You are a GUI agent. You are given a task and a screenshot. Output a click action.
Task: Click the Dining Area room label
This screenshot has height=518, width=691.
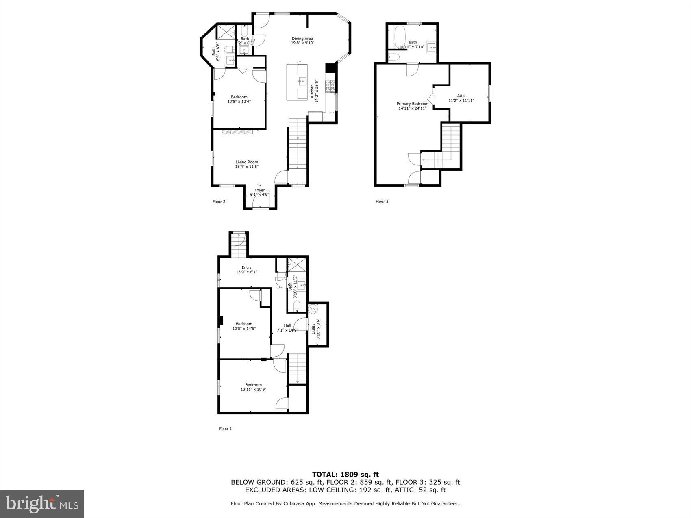coord(302,39)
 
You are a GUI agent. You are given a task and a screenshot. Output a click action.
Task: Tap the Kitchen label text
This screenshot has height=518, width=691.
coord(312,91)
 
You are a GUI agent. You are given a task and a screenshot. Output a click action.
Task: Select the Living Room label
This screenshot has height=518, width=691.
coord(247,162)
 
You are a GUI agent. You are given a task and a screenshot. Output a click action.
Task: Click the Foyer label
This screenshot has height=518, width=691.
coord(260,190)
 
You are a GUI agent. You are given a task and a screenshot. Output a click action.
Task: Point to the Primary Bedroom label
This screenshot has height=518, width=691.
coord(412,104)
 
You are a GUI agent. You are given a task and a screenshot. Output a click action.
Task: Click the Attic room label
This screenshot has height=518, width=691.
coord(461,96)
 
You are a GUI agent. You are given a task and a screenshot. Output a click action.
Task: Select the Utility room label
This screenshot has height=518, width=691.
coord(313,328)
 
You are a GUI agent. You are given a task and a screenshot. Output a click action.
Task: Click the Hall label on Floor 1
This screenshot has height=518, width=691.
coord(287,325)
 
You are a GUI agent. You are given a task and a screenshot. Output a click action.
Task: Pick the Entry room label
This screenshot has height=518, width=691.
coord(246,267)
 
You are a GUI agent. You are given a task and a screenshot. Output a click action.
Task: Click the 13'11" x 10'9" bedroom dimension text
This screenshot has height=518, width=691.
coord(253,390)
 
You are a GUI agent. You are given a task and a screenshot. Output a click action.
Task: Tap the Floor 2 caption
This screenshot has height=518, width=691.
coord(219,202)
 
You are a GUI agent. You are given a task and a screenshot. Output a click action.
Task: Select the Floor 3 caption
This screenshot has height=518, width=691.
coord(382,202)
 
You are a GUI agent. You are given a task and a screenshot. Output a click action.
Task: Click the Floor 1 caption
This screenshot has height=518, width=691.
coord(225,429)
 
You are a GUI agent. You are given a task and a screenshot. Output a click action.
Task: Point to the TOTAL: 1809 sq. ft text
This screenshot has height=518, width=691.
coord(345,474)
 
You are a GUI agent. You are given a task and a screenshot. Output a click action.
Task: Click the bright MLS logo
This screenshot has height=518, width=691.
coord(42,504)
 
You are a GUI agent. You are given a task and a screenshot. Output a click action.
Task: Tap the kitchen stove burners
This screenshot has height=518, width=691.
coord(330,85)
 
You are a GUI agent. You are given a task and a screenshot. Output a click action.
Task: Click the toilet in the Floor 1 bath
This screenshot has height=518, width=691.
coord(297,306)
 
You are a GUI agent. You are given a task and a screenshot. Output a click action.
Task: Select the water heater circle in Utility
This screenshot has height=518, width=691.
coord(313,310)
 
